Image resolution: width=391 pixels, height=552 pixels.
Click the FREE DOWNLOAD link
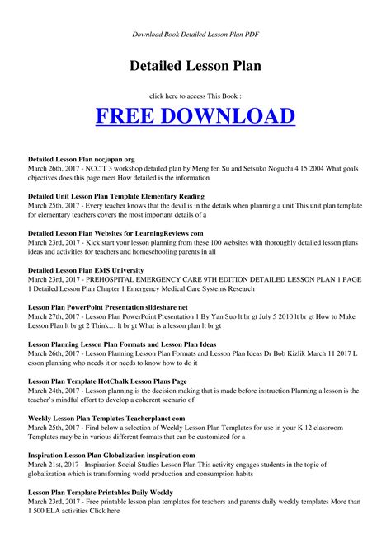[195, 115]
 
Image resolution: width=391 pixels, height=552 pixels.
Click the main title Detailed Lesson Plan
[195, 64]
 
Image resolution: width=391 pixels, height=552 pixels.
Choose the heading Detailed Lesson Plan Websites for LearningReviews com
[115, 233]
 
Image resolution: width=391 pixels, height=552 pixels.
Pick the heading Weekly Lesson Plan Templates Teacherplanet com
[106, 418]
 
